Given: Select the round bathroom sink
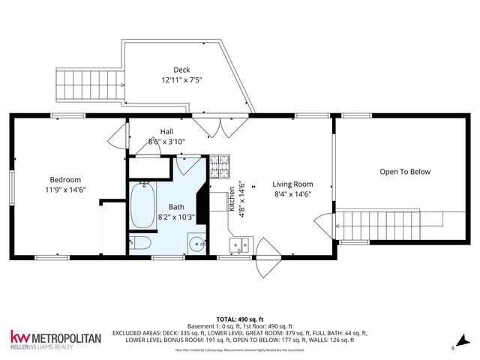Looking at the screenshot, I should (x=196, y=243).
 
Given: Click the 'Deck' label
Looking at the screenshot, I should (x=181, y=70).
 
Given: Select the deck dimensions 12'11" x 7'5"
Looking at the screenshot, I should (x=181, y=79).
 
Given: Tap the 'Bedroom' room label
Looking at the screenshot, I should (x=66, y=179).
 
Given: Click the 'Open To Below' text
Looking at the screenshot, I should (x=405, y=172).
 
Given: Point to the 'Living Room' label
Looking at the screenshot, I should (x=292, y=184).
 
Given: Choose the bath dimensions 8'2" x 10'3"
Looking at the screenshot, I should (x=175, y=217).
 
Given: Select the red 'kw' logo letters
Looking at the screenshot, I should (x=20, y=337).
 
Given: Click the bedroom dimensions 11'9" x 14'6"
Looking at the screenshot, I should (x=66, y=190).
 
